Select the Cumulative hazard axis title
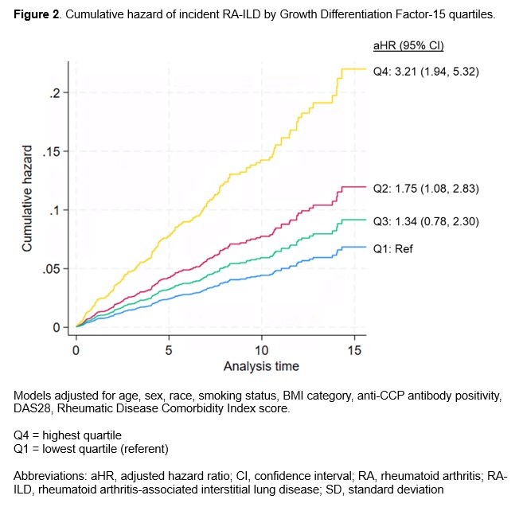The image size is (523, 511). [x=27, y=199]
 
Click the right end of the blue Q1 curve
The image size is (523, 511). [x=365, y=247]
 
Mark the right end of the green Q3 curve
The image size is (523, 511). [x=365, y=220]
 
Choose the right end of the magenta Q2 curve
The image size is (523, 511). [x=365, y=186]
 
